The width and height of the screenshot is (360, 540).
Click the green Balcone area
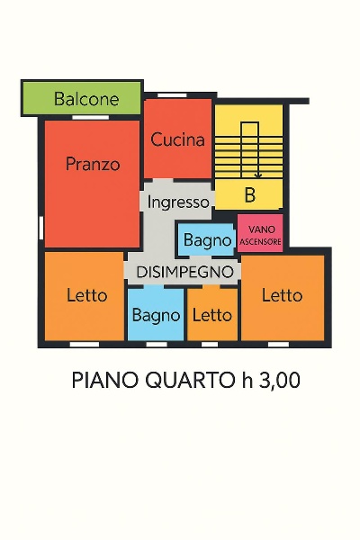coord(82,98)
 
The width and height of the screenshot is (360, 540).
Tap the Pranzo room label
coord(93,165)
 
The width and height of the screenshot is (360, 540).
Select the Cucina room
coord(177,139)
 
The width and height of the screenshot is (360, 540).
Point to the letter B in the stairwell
coord(249,195)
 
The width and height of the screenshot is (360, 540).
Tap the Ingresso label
coord(178,202)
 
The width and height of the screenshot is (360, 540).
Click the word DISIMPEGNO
coord(184,271)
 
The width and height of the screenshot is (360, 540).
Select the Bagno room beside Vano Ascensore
coord(207,240)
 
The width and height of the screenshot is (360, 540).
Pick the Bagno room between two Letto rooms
coord(156,315)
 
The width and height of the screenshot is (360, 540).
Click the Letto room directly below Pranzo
coord(86,295)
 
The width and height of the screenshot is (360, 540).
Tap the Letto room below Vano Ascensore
coord(282,295)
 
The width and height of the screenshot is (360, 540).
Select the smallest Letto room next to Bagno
coord(212,315)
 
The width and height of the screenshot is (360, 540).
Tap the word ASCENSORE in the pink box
coord(261,241)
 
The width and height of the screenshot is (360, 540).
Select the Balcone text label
coord(86,99)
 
